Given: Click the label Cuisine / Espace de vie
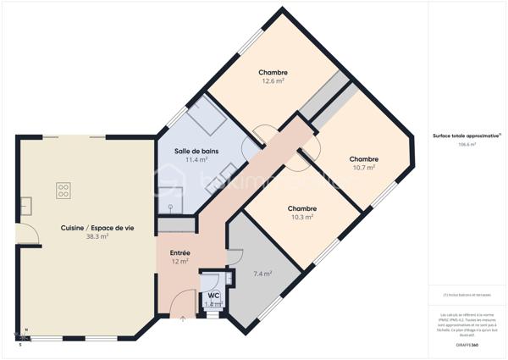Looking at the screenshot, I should (x=97, y=228).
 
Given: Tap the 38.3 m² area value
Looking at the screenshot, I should (x=97, y=237).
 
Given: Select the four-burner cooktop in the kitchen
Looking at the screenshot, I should (x=63, y=191).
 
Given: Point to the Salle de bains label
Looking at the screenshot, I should (x=191, y=150).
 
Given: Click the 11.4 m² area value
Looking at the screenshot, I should (x=191, y=159).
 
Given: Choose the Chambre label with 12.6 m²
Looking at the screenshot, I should (x=273, y=72).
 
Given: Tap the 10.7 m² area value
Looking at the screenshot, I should (x=363, y=168).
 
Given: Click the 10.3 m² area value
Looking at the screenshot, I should (x=301, y=217).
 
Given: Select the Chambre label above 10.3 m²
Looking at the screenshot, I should (x=301, y=208).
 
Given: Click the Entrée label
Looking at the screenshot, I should (x=179, y=252).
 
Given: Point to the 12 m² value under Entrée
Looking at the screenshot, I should (x=179, y=262).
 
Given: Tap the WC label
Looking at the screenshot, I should (x=213, y=295).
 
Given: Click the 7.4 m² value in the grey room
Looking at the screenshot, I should (x=263, y=274).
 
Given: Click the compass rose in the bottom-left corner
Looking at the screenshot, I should (x=23, y=337).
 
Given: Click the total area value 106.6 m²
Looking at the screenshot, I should (x=467, y=145).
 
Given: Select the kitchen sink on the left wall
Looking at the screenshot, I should (x=26, y=204).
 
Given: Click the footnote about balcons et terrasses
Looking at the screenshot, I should (x=467, y=295).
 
